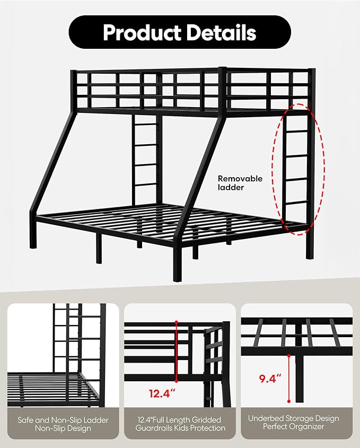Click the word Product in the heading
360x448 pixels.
(143, 32)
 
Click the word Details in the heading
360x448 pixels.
(222, 32)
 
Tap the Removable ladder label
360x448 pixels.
(240, 183)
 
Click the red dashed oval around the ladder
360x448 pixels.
(272, 169)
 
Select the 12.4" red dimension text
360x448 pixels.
(162, 393)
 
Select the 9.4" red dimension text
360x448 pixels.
(270, 379)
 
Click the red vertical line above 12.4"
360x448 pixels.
(177, 352)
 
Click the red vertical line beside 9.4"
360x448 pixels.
(289, 379)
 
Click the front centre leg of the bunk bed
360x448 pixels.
(177, 263)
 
